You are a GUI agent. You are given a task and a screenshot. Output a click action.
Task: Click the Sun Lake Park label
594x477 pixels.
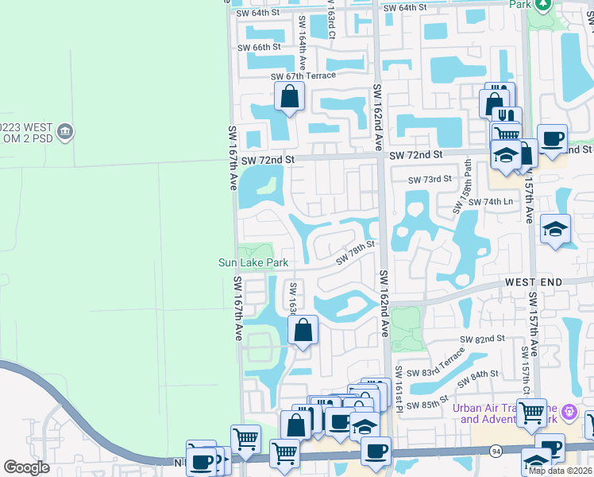[253, 262]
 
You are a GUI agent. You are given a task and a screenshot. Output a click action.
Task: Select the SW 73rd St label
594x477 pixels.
[430, 180]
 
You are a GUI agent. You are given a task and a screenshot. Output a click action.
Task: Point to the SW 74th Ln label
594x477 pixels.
[491, 202]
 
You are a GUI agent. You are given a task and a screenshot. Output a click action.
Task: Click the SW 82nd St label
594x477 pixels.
[484, 339]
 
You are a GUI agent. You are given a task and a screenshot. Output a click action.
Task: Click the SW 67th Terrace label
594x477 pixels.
[303, 76]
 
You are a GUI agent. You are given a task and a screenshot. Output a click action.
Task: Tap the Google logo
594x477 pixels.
[26, 467]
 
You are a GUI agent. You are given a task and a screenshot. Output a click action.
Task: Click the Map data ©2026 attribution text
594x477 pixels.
[560, 471]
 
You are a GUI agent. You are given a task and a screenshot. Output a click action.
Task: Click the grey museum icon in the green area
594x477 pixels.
[65, 130]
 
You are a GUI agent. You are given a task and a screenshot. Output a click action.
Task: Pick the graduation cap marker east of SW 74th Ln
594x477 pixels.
[556, 230]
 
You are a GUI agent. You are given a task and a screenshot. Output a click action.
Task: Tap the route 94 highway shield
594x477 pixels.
[496, 451]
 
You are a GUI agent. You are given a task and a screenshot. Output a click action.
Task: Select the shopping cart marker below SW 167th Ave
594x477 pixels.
[246, 438]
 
